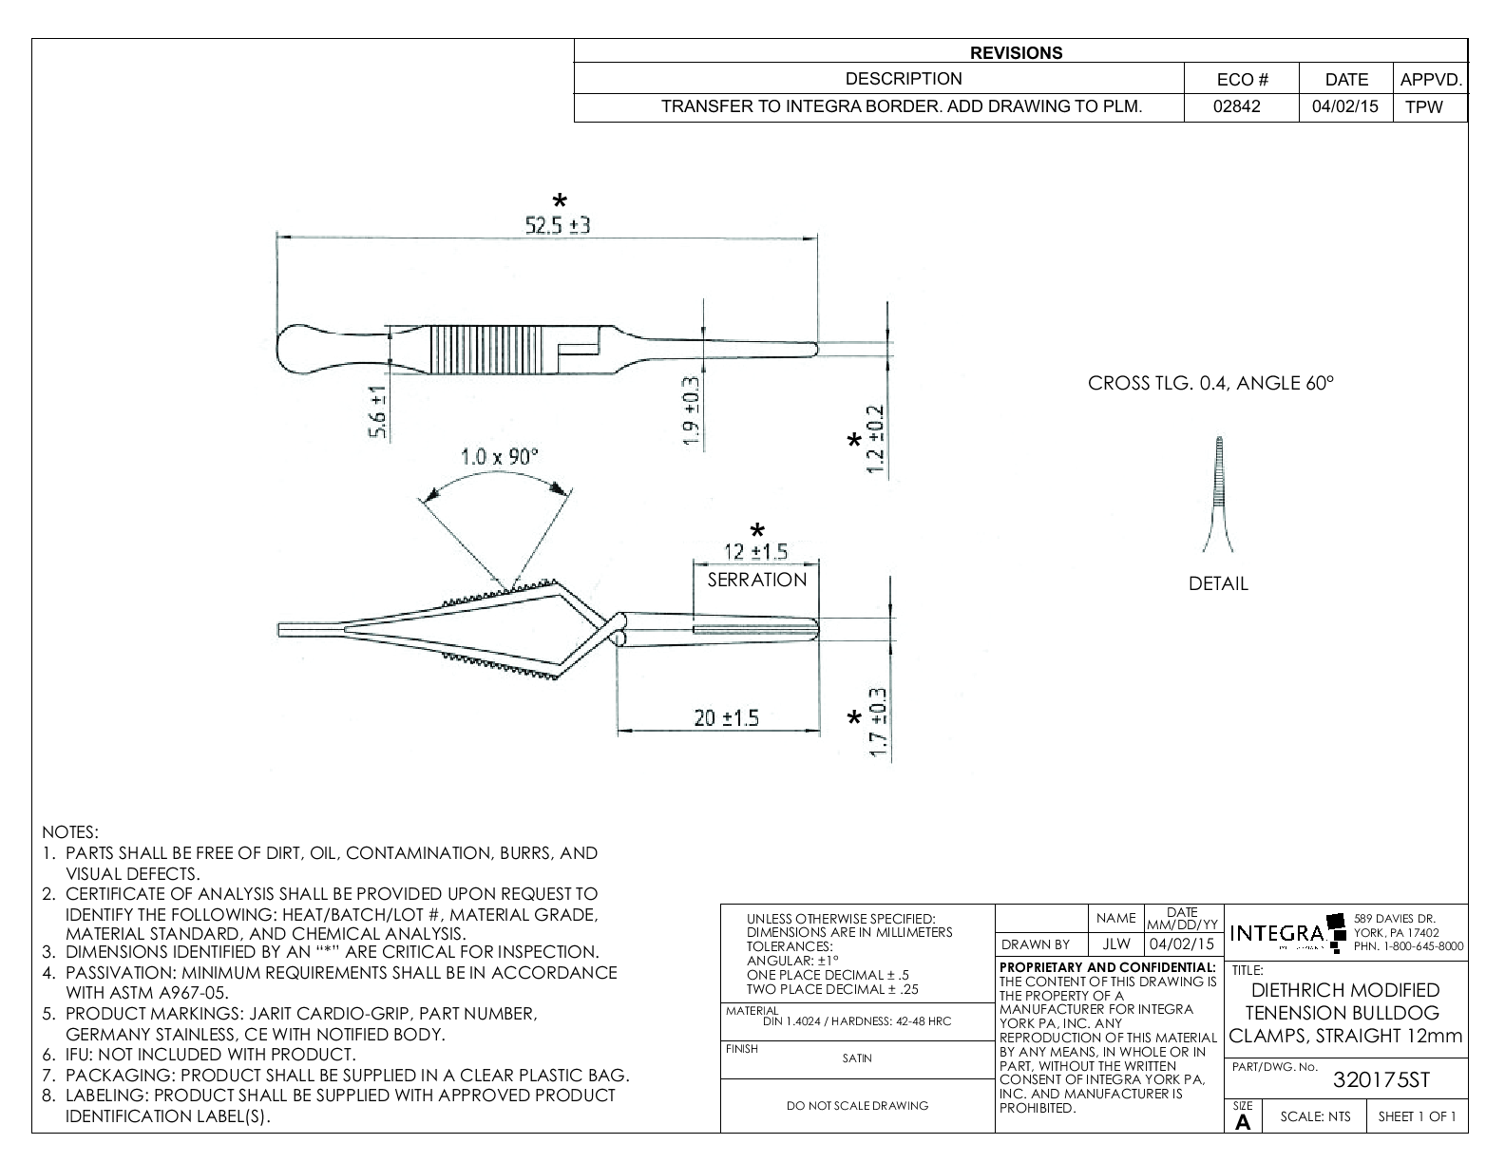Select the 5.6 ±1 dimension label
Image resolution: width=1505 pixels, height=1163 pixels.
tap(378, 413)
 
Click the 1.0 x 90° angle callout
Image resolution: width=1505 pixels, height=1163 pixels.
tap(499, 456)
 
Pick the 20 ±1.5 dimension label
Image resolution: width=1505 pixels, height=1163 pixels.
tap(727, 718)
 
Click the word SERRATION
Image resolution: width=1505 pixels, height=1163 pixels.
tap(756, 580)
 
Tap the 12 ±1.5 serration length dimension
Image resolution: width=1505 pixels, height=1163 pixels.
tap(756, 552)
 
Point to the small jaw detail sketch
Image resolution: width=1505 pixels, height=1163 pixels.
tap(1218, 494)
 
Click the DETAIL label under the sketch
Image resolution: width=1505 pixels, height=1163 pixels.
tap(1218, 584)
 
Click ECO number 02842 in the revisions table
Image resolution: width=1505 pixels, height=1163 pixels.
tap(1237, 106)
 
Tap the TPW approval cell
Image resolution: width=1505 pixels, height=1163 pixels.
tap(1423, 107)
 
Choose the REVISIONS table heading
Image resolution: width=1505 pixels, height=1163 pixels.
tap(1017, 53)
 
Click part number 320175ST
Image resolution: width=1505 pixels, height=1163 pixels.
tap(1381, 1080)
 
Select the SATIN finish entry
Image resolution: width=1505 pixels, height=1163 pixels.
tap(857, 1058)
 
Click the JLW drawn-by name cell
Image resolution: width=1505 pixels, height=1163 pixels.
tap(1116, 944)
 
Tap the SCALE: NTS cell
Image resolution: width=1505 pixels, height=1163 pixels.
tap(1315, 1116)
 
